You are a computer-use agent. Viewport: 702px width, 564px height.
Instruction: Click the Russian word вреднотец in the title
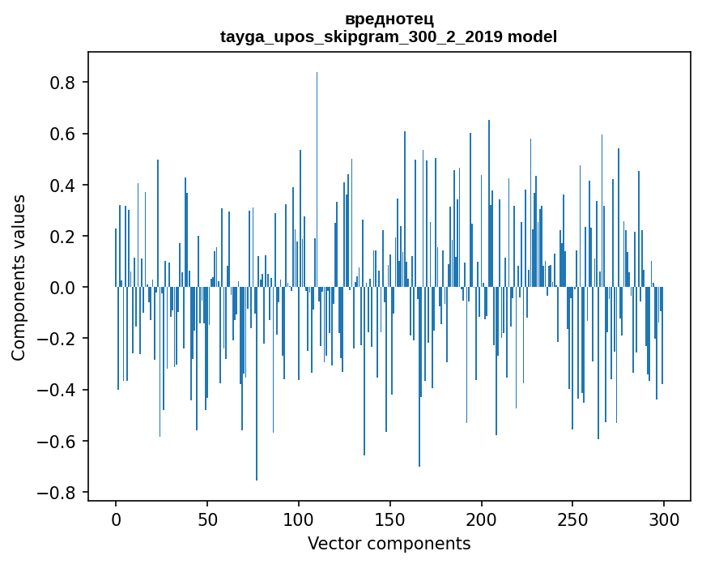point(389,19)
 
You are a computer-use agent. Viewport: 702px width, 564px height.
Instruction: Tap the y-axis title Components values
point(19,277)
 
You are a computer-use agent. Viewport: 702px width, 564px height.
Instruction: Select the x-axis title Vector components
point(389,543)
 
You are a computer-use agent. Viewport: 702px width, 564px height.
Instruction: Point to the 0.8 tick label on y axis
point(63,83)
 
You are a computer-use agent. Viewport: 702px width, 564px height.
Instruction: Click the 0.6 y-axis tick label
point(63,134)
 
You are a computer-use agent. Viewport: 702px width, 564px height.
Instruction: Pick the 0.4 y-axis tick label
point(63,185)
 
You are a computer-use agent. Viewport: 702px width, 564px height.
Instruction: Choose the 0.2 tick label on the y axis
point(63,236)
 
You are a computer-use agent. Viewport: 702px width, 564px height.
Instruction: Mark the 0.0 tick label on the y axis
point(63,288)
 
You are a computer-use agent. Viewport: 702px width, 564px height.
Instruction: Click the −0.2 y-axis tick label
point(57,339)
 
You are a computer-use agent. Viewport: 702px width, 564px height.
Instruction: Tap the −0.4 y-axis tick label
point(57,390)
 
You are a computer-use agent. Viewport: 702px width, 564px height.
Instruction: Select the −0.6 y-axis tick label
point(57,441)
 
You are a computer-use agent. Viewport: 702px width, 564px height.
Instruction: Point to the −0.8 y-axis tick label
point(57,492)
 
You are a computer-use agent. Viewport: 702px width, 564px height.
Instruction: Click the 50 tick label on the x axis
point(207,518)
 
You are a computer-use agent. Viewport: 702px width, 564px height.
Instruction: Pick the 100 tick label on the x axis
point(299,518)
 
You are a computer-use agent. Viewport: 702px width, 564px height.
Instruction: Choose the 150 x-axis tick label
point(390,518)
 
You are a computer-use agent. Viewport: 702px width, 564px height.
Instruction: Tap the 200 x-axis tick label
point(482,518)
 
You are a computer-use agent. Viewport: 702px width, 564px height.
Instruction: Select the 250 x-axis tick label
point(572,518)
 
